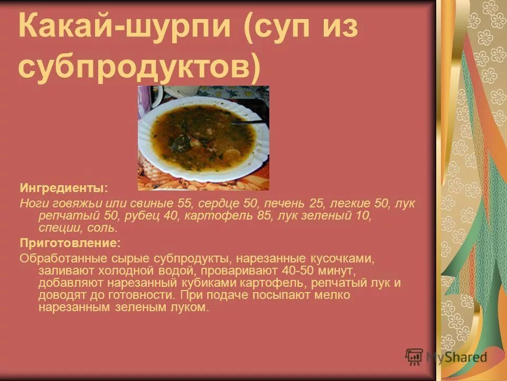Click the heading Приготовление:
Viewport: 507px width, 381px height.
pos(70,243)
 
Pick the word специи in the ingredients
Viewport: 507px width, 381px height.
pos(59,228)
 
